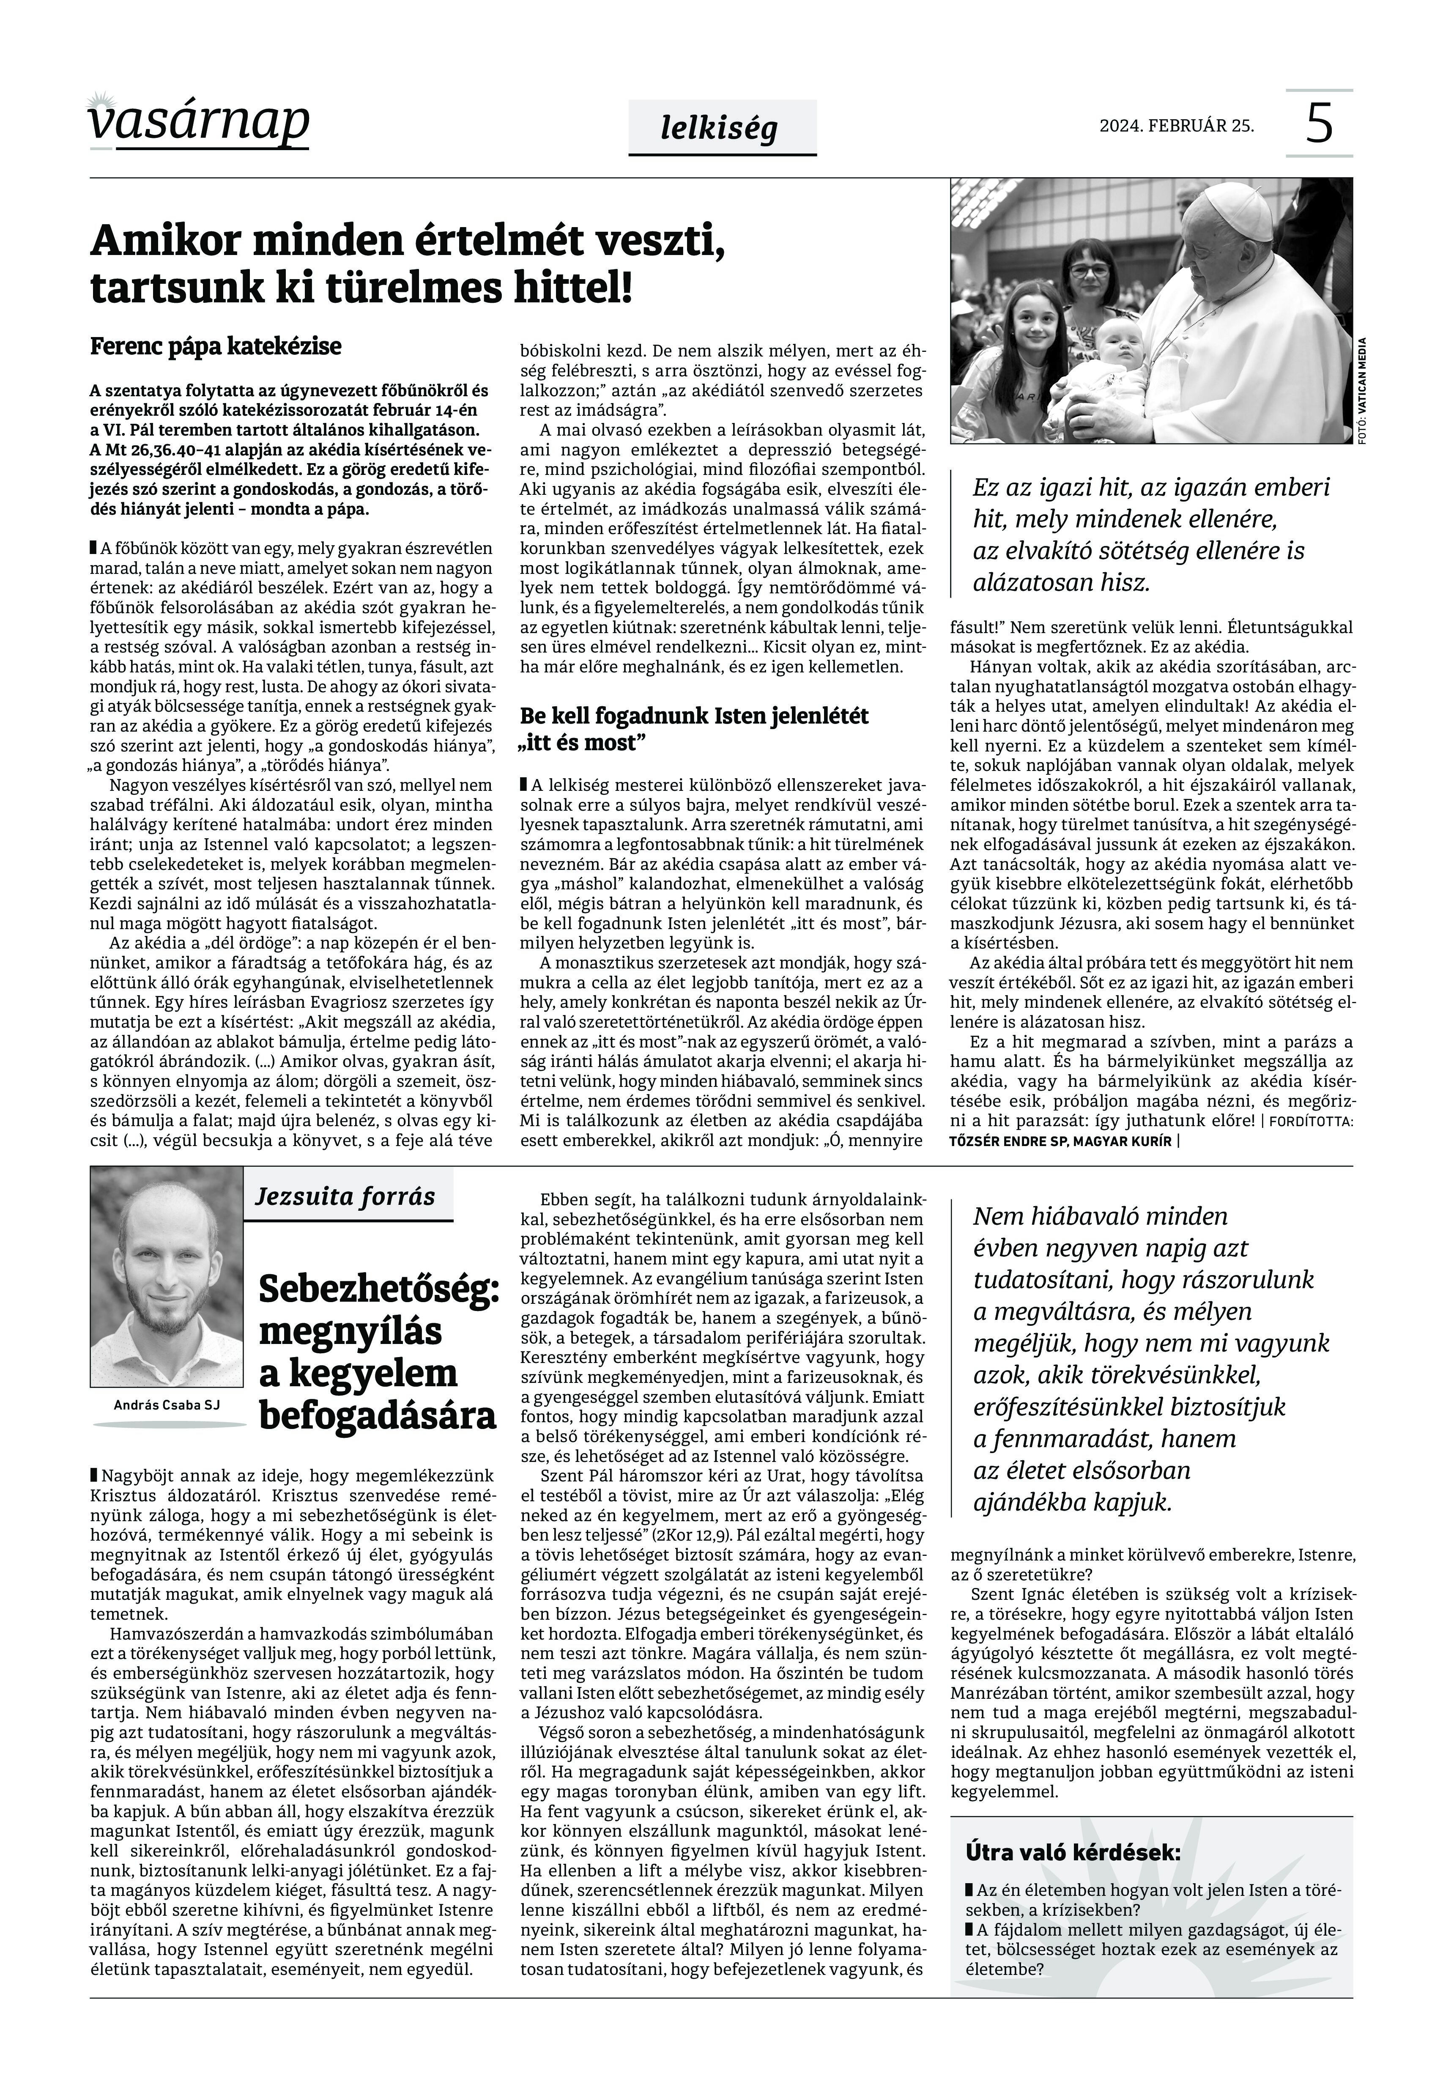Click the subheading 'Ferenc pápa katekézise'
(215, 346)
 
